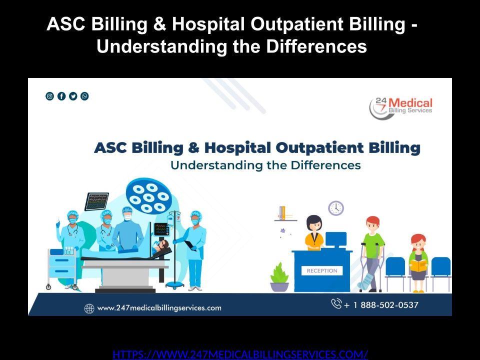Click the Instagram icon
(x=49, y=96)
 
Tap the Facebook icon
(x=61, y=96)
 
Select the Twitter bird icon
(x=73, y=96)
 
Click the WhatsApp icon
(x=84, y=96)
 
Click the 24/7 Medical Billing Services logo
(x=400, y=108)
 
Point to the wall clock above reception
(x=336, y=208)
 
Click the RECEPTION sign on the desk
(x=322, y=270)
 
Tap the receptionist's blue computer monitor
(x=336, y=239)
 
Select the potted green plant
(x=279, y=277)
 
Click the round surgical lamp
(x=149, y=196)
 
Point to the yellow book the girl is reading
(x=418, y=265)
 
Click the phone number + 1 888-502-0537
(x=381, y=305)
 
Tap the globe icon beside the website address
(x=89, y=308)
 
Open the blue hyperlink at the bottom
(x=240, y=354)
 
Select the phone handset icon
(x=336, y=303)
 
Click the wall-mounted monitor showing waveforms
(x=96, y=201)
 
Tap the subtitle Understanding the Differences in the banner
(x=265, y=165)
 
